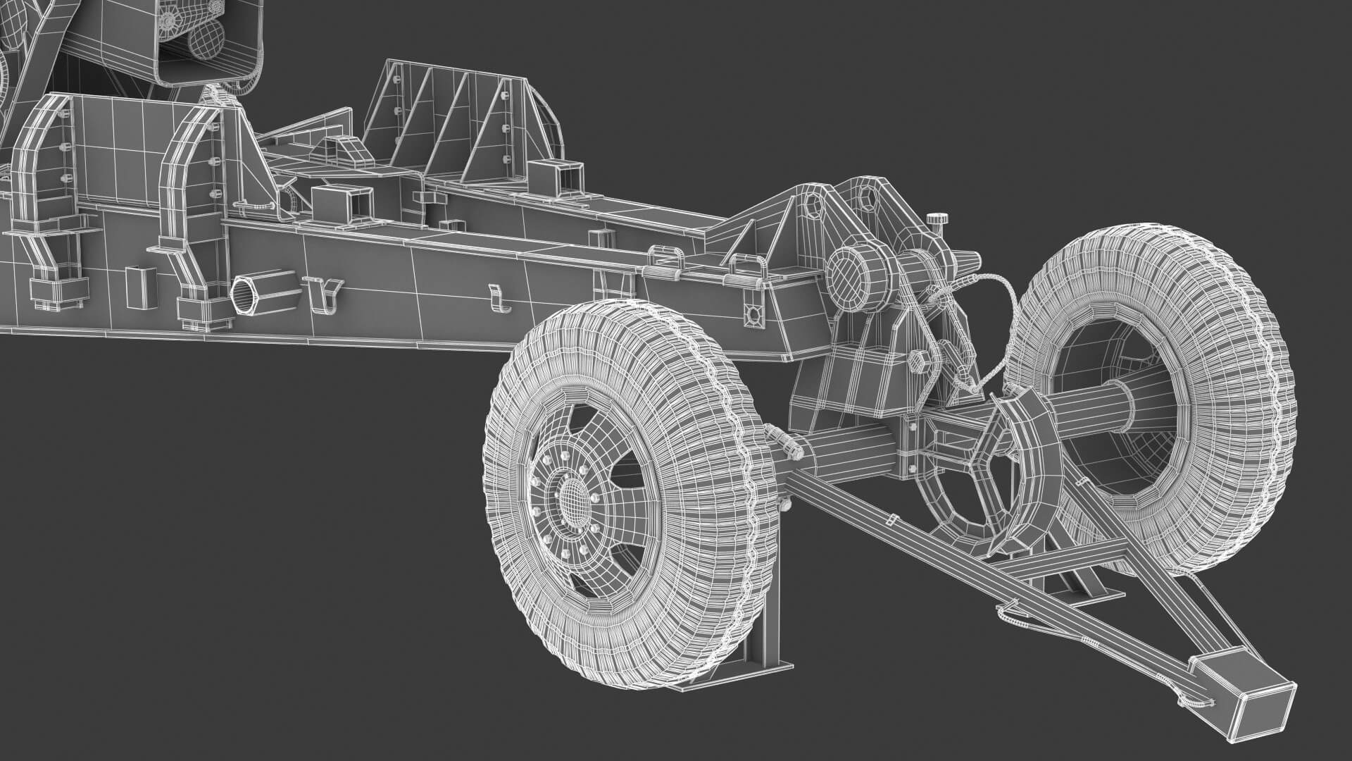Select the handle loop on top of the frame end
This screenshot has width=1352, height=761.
click(747, 266)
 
